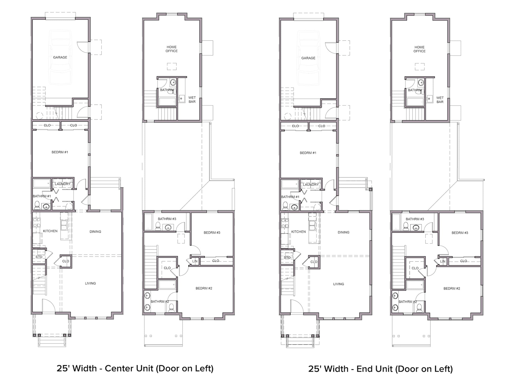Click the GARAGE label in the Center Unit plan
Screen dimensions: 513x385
tap(60, 57)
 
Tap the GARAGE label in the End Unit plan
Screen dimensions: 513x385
tap(308, 58)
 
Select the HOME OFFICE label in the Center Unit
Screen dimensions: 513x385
tap(172, 49)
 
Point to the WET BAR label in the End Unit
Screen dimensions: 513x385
tap(440, 100)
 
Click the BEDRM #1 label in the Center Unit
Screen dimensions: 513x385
tap(60, 152)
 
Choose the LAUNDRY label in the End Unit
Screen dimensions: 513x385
tap(311, 185)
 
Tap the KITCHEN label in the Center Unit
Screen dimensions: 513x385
tap(50, 231)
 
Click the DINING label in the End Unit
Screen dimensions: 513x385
tap(343, 232)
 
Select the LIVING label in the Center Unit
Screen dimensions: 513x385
tap(90, 283)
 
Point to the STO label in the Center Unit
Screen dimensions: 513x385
tap(39, 257)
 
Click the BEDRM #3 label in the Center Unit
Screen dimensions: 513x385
tap(212, 233)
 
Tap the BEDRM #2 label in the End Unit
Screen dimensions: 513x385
tap(452, 288)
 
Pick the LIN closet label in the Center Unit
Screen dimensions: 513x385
tap(195, 261)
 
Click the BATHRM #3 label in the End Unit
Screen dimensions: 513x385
tap(415, 219)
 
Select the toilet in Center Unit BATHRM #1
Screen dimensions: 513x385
tap(37, 205)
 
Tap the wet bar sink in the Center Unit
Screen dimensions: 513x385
tap(181, 99)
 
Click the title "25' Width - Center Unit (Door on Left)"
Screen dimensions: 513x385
tap(135, 368)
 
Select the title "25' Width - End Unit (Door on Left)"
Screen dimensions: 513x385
tap(380, 369)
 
